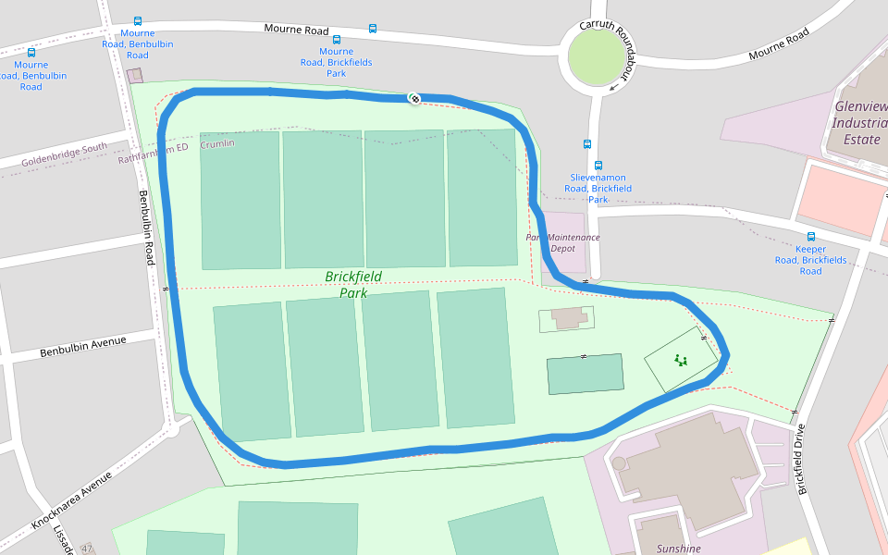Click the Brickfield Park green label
coord(353,284)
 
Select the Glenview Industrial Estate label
coord(860,122)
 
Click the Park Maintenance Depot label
coord(563,242)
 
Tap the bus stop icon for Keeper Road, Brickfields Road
coord(811,237)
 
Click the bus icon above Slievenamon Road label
coord(587,143)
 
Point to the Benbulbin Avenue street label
coord(82,347)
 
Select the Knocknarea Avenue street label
coord(71,499)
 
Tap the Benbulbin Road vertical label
coord(145,228)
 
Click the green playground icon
coord(681,361)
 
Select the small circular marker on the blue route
coord(415,98)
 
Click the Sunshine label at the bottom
coord(678,549)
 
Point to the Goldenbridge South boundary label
coord(64,154)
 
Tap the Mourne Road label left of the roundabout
coord(296,30)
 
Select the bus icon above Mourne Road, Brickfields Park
coord(336,40)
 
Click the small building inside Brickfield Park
coord(568,318)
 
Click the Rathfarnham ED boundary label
coord(154,153)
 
